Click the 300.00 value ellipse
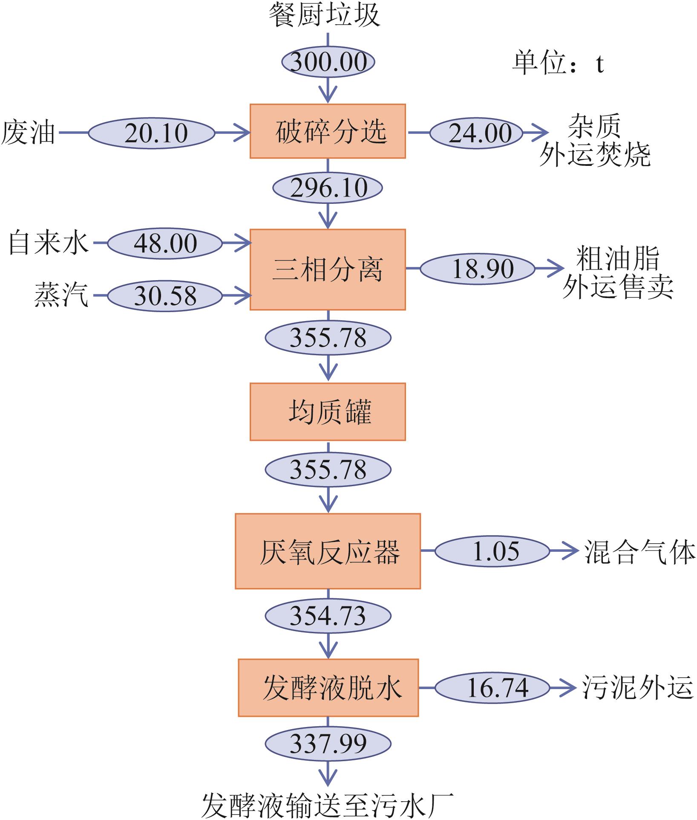pos(328,62)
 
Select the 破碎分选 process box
pos(328,131)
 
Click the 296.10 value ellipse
pos(328,188)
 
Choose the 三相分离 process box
pos(328,269)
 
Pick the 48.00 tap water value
pos(165,243)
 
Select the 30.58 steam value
pos(165,296)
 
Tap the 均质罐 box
pos(328,411)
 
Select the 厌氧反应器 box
pos(328,551)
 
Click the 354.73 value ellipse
pos(328,616)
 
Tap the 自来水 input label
pos(49,243)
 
